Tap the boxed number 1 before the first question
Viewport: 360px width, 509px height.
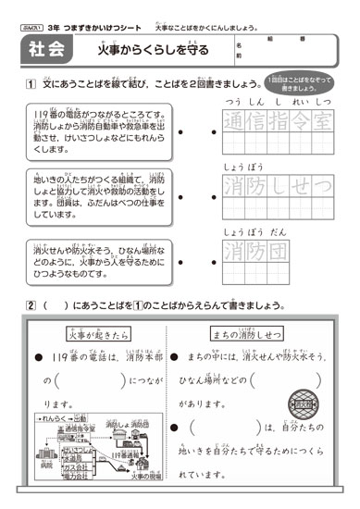30,85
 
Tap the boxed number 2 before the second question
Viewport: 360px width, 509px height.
31,305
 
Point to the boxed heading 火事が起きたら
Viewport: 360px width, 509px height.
97,334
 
